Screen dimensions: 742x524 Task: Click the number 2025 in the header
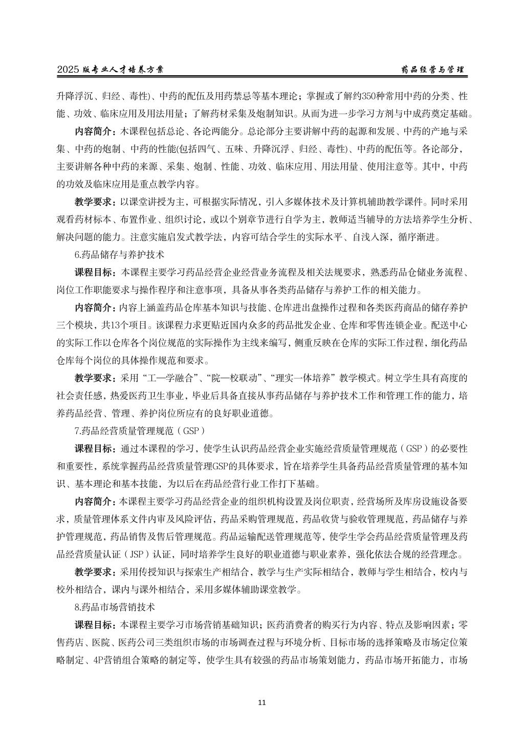click(68, 70)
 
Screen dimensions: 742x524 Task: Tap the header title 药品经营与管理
click(432, 70)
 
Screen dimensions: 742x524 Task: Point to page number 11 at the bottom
click(262, 702)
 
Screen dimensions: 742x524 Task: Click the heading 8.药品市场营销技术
click(115, 607)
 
